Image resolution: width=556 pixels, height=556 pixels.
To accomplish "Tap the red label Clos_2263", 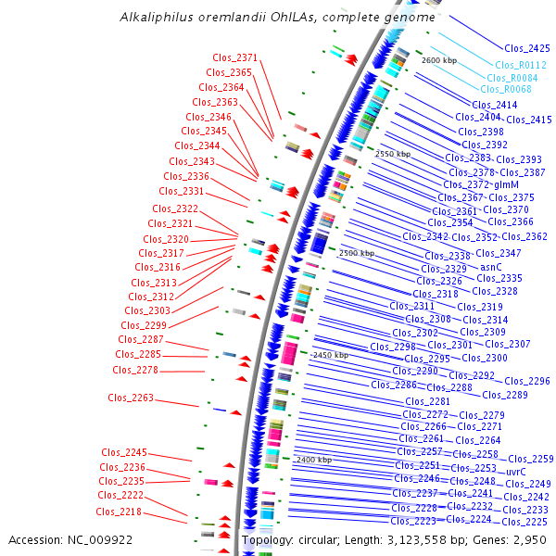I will [130, 398].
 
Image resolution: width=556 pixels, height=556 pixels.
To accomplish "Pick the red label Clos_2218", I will [118, 512].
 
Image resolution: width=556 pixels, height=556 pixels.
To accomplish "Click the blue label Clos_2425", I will [526, 48].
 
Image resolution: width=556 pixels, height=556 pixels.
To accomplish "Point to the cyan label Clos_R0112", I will [520, 65].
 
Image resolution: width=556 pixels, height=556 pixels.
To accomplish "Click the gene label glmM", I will [506, 184].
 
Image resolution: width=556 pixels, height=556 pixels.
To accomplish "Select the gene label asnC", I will [491, 266].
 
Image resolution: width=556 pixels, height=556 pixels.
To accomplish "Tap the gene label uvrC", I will [515, 472].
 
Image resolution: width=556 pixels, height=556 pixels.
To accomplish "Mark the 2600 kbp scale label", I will [438, 60].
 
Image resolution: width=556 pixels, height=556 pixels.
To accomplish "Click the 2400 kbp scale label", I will [313, 460].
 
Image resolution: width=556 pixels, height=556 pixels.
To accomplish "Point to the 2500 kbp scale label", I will [356, 253].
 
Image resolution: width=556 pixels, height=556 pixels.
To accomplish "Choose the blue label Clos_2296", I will [527, 381].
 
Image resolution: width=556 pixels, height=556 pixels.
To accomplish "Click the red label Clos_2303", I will [146, 311].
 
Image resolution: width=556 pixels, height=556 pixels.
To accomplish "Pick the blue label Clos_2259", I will [530, 459].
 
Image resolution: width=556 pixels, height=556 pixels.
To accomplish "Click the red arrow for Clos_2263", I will [235, 411].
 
